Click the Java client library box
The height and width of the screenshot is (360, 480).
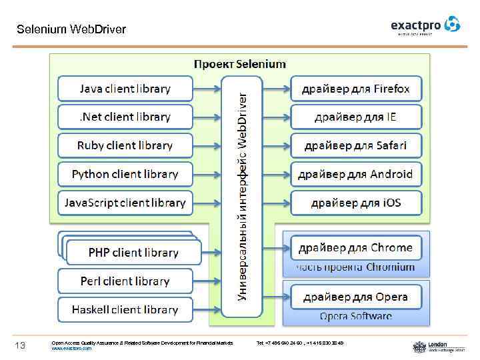pyautogui.click(x=125, y=89)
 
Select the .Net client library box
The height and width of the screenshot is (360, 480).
pyautogui.click(x=125, y=117)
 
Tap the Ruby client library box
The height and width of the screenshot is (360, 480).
pyautogui.click(x=125, y=145)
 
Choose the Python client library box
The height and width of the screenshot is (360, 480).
pyautogui.click(x=125, y=174)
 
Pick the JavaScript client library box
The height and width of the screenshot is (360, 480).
pyautogui.click(x=125, y=203)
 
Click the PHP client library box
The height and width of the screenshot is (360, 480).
pyautogui.click(x=133, y=253)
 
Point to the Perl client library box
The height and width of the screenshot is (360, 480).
pyautogui.click(x=125, y=281)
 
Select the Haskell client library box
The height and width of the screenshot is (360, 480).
pyautogui.click(x=125, y=310)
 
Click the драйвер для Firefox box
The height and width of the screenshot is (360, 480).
pyautogui.click(x=356, y=89)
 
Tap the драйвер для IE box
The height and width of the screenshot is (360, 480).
pyautogui.click(x=356, y=117)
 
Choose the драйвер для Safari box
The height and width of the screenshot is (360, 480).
pyautogui.click(x=356, y=145)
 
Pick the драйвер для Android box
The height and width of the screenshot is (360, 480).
pyautogui.click(x=356, y=174)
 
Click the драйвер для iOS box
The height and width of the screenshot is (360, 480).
pyautogui.click(x=356, y=203)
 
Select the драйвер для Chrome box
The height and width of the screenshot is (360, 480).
pyautogui.click(x=356, y=248)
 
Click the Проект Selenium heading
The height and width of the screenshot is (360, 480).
pyautogui.click(x=240, y=63)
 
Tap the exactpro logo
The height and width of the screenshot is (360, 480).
pyautogui.click(x=425, y=25)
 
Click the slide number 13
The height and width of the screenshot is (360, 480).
pyautogui.click(x=21, y=345)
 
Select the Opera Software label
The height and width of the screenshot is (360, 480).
pyautogui.click(x=356, y=316)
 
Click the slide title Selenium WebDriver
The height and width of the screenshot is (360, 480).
pyautogui.click(x=71, y=29)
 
